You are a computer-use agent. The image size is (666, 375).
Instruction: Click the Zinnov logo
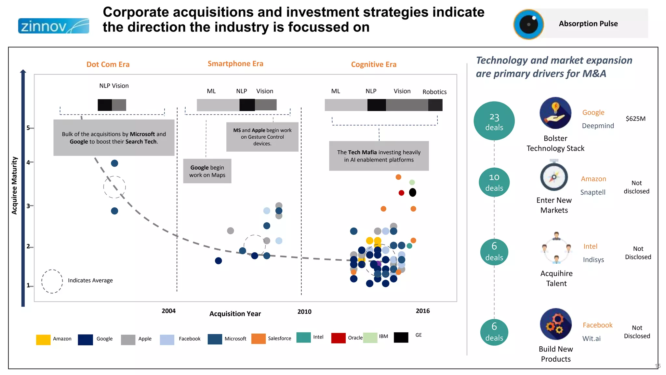[x=53, y=26]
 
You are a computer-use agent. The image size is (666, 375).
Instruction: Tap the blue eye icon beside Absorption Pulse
[x=528, y=24]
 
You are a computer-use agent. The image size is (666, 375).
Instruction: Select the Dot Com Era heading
[x=108, y=64]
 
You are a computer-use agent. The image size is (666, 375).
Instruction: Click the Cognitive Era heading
[x=374, y=64]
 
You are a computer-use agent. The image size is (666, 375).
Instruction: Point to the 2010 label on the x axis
[x=304, y=312]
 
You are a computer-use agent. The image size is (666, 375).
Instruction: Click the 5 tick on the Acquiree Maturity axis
[x=28, y=128]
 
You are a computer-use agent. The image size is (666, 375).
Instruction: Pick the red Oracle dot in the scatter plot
[x=401, y=193]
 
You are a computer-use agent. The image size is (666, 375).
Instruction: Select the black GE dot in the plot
[x=412, y=192]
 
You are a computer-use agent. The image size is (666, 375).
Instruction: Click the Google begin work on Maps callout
[x=207, y=171]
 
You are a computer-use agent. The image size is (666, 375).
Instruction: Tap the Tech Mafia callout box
[x=379, y=156]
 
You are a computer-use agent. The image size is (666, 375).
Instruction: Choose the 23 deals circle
[x=494, y=121]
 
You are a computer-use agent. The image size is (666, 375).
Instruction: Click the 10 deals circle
[x=494, y=182]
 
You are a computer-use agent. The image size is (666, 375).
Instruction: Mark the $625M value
[x=635, y=118]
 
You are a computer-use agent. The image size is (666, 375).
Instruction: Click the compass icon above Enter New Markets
[x=554, y=177]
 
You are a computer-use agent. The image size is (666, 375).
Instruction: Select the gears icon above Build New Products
[x=555, y=324]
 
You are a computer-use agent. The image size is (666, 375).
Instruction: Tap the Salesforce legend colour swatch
[x=258, y=339]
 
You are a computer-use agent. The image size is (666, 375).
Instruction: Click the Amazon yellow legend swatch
[x=43, y=339]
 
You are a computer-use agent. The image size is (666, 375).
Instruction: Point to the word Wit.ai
[x=591, y=339]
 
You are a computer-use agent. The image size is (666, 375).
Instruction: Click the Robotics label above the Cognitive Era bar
[x=434, y=92]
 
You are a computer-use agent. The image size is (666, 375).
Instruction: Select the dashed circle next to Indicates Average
[x=52, y=281]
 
